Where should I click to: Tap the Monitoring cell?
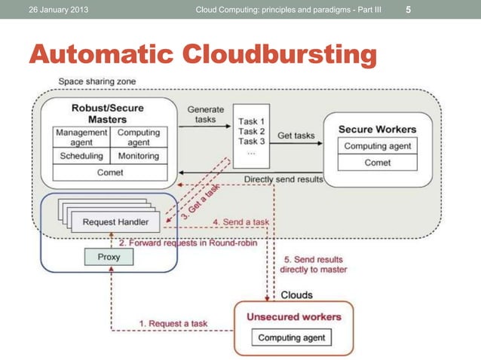click(138, 156)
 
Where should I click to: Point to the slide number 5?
click(409, 10)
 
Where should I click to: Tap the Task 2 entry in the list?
click(251, 130)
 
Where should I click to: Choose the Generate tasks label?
click(205, 114)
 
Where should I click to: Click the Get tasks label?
click(296, 136)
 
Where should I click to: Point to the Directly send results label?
click(283, 180)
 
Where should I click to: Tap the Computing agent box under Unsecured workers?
click(293, 337)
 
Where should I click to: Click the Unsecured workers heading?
click(293, 316)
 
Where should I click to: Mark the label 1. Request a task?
click(173, 323)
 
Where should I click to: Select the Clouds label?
click(296, 294)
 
